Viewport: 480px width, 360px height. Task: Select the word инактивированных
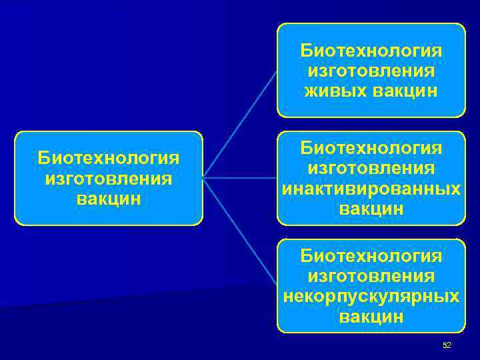click(x=371, y=189)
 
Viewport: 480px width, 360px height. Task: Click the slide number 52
click(x=447, y=345)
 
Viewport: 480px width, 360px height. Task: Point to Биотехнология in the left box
click(x=109, y=159)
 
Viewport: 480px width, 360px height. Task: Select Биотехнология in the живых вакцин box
click(x=371, y=51)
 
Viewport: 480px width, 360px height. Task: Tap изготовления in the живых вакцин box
click(x=371, y=71)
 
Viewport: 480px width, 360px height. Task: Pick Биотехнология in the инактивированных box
click(x=371, y=149)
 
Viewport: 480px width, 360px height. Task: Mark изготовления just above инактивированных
click(x=371, y=169)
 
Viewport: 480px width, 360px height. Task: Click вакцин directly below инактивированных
click(x=371, y=209)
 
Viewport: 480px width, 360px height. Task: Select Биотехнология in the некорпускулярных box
click(x=371, y=255)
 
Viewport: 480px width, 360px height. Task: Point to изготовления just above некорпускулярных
click(x=371, y=275)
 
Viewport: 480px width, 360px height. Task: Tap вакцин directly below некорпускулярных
click(x=371, y=316)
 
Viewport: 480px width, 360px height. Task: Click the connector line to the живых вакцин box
click(x=240, y=124)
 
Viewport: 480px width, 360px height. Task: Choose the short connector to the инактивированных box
click(x=240, y=178)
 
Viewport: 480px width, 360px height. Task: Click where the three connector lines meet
click(x=203, y=178)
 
